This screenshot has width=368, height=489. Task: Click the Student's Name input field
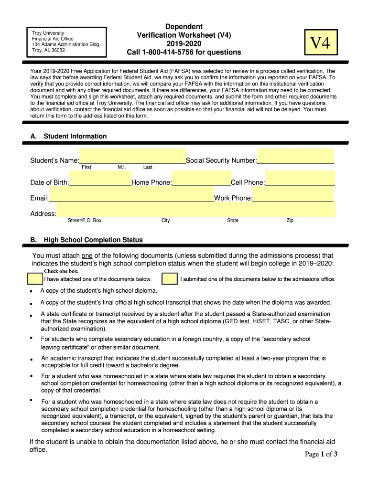pos(132,156)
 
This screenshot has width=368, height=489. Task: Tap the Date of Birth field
pos(100,180)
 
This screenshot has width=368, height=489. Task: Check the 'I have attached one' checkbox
pos(34,279)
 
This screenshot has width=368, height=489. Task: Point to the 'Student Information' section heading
pos(75,136)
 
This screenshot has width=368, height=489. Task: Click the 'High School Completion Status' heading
pos(93,240)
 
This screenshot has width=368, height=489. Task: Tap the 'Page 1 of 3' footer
pos(321,454)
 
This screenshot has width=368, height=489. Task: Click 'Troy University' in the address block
pos(48,33)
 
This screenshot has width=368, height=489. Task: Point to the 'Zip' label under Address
pos(290,221)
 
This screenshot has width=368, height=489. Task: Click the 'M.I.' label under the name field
pos(121,167)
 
